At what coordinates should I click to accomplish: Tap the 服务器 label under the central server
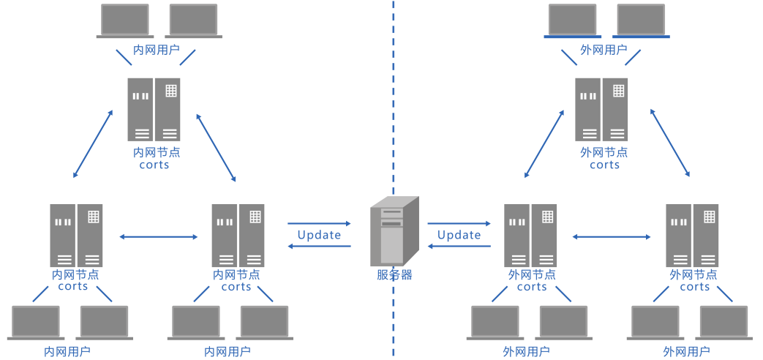pyautogui.click(x=394, y=275)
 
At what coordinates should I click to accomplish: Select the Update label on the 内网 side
pyautogui.click(x=319, y=235)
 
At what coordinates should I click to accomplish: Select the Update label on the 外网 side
pyautogui.click(x=459, y=235)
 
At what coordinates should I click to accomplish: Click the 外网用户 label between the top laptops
pyautogui.click(x=604, y=50)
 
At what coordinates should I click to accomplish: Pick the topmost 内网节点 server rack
pyautogui.click(x=154, y=109)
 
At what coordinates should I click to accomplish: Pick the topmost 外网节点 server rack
pyautogui.click(x=601, y=109)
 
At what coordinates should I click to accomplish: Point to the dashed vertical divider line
pyautogui.click(x=393, y=110)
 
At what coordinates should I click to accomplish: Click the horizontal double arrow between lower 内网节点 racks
pyautogui.click(x=159, y=236)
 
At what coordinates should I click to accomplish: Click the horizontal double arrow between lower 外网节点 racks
pyautogui.click(x=612, y=236)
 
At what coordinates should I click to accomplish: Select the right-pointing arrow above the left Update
pyautogui.click(x=319, y=223)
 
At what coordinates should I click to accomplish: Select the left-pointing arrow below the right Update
pyautogui.click(x=459, y=247)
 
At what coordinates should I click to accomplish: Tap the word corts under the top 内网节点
pyautogui.click(x=154, y=165)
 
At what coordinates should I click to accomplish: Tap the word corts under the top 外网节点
pyautogui.click(x=604, y=165)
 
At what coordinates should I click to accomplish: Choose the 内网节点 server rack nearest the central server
pyautogui.click(x=238, y=235)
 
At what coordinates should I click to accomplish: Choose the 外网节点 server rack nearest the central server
pyautogui.click(x=530, y=235)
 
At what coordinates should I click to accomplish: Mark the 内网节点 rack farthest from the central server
pyautogui.click(x=76, y=235)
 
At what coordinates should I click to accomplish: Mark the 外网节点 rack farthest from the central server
pyautogui.click(x=692, y=235)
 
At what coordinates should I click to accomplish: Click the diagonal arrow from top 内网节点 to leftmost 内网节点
pyautogui.click(x=93, y=143)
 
